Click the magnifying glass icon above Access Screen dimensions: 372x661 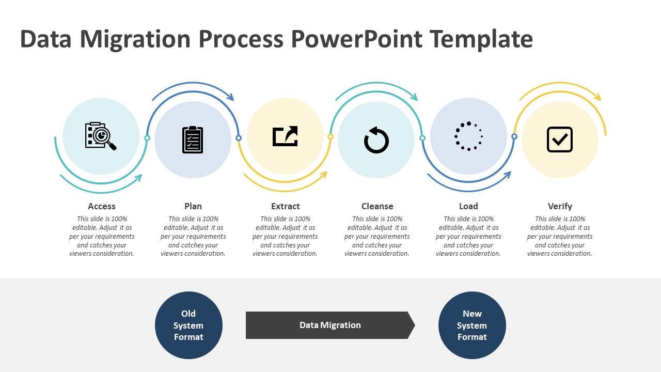click(101, 136)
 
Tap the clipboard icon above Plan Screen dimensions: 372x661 click(193, 139)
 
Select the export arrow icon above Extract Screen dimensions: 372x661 click(285, 136)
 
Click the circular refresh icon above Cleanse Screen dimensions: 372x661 click(376, 140)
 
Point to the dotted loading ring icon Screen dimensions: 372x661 click(468, 136)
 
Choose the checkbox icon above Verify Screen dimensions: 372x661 click(560, 139)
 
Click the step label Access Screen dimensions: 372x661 click(102, 206)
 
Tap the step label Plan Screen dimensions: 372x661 click(193, 206)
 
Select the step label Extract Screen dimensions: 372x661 click(285, 206)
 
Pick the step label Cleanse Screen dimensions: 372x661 click(377, 206)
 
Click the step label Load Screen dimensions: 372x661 click(468, 206)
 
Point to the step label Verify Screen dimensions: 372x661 click(560, 206)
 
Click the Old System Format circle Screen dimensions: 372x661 click(188, 326)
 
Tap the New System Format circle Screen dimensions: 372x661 click(472, 326)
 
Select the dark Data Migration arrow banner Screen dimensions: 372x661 click(330, 326)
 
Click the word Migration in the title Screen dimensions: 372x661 click(135, 39)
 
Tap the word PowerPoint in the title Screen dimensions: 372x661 click(356, 39)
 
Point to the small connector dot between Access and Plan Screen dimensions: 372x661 click(147, 138)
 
